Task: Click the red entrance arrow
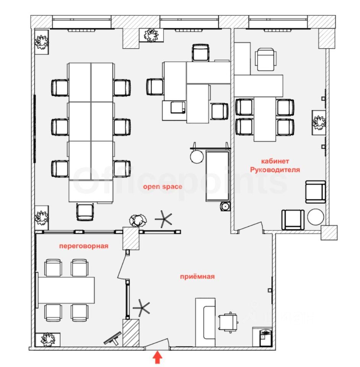click(157, 358)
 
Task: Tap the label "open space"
click(163, 187)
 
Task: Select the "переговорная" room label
click(83, 246)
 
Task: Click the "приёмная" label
click(197, 276)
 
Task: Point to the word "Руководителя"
click(275, 169)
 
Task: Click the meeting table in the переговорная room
click(66, 289)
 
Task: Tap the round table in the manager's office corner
click(316, 217)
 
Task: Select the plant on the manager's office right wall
click(318, 122)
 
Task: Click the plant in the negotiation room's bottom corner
click(48, 339)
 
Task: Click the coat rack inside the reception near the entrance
click(142, 307)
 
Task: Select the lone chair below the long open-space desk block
click(85, 212)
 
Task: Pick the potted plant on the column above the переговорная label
click(137, 220)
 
